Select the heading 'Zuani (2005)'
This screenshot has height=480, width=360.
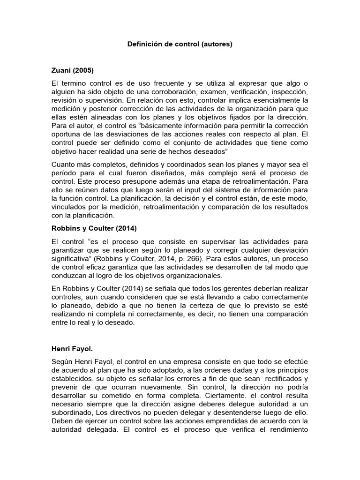pyautogui.click(x=72, y=71)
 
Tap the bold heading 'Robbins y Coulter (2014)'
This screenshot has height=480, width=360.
pyautogui.click(x=91, y=229)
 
